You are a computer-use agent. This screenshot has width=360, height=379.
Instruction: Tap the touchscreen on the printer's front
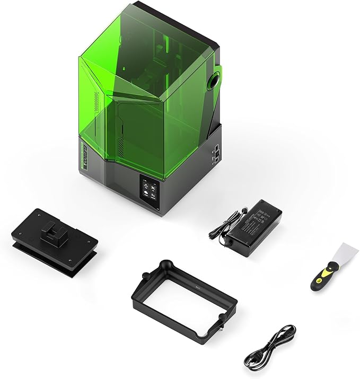point(148,186)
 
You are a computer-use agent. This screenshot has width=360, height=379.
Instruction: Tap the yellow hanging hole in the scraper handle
point(317,283)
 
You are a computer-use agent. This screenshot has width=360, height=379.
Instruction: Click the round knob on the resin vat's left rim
point(144,277)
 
